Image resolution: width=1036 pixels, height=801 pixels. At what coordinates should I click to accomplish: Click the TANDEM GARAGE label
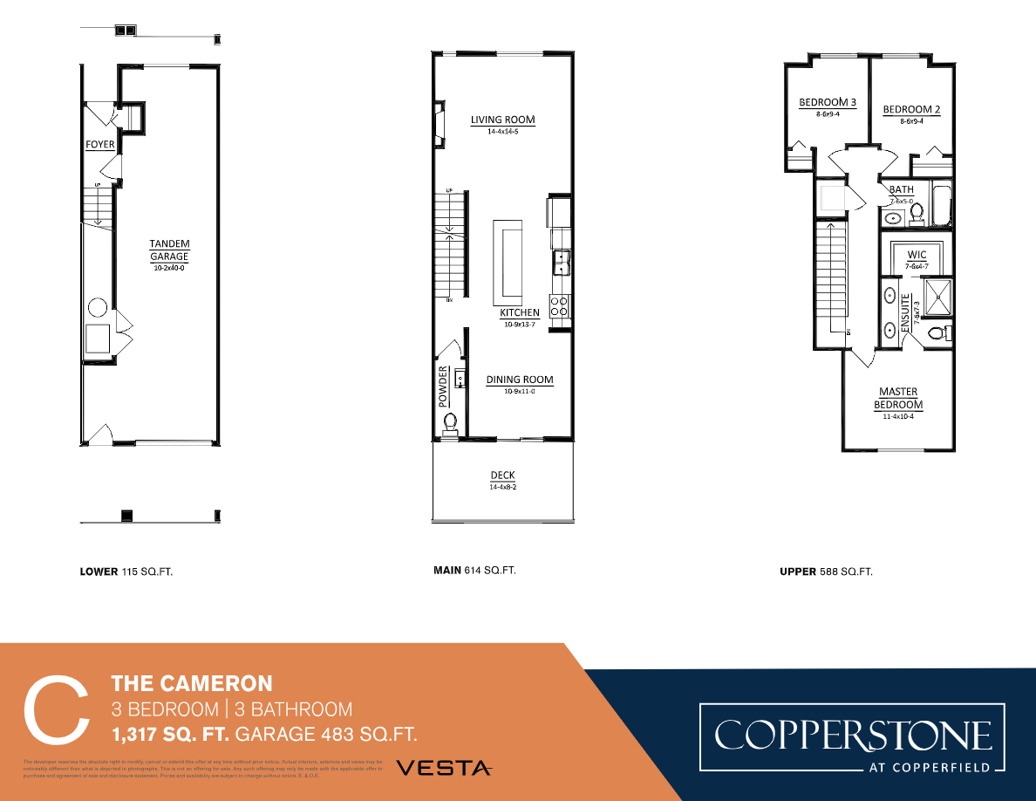point(169,250)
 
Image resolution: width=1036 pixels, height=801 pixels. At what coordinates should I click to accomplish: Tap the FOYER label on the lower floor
point(99,144)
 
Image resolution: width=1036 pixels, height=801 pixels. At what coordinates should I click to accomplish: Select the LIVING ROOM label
point(502,120)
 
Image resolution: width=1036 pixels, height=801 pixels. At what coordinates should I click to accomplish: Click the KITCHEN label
point(520,312)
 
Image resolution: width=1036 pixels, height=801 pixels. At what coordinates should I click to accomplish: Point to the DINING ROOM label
point(520,380)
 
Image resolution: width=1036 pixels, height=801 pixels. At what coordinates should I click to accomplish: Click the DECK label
point(502,476)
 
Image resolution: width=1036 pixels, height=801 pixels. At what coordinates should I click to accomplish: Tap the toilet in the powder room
point(451,422)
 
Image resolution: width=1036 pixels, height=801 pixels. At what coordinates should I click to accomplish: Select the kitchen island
point(506,259)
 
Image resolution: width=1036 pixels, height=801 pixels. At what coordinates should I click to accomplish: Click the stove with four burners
point(560,305)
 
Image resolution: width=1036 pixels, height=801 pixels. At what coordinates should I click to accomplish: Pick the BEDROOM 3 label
point(828,103)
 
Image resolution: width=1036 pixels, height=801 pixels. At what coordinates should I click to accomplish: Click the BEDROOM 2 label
point(911,110)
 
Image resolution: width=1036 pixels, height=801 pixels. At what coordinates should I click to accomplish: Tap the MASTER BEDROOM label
point(898,399)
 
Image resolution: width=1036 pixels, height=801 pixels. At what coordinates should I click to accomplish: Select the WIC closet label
point(917,255)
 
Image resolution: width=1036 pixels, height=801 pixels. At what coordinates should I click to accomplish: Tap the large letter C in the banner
point(56,709)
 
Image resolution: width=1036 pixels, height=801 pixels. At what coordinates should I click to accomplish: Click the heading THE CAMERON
point(192,683)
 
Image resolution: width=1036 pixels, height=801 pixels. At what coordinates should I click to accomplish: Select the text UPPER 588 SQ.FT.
point(826,572)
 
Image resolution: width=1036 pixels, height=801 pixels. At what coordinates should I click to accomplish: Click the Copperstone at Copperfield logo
point(853,738)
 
